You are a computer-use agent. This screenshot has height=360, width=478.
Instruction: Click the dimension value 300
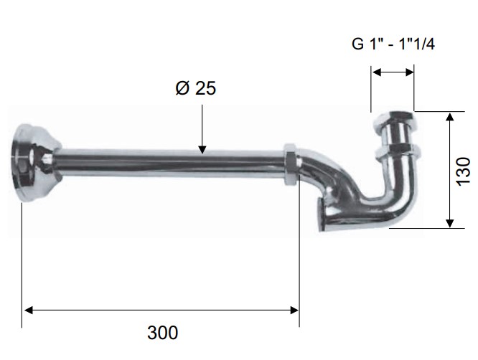162,333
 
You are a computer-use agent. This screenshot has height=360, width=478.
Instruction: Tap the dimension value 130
464,171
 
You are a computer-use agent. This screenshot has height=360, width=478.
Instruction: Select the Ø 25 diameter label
196,88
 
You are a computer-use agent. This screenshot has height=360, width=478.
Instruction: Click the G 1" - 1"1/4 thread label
393,44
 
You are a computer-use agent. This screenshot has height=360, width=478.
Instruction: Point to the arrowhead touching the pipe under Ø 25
202,149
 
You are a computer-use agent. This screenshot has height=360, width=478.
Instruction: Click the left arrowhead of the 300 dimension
28,311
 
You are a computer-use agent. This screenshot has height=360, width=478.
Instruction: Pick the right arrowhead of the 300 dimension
294,311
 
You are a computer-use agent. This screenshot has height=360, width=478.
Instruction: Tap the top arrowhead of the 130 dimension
449,117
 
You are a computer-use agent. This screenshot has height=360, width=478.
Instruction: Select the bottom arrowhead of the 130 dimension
449,223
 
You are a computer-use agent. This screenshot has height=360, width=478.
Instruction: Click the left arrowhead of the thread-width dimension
377,72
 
